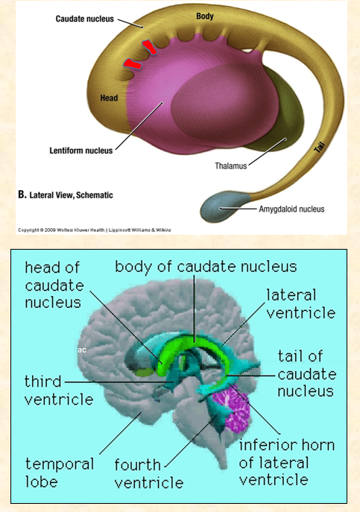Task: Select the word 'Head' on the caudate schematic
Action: [109, 96]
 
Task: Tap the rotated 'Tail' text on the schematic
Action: [319, 149]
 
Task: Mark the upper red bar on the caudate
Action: [150, 48]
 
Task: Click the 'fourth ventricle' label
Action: [148, 473]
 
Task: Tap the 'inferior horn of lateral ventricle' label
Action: [286, 462]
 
